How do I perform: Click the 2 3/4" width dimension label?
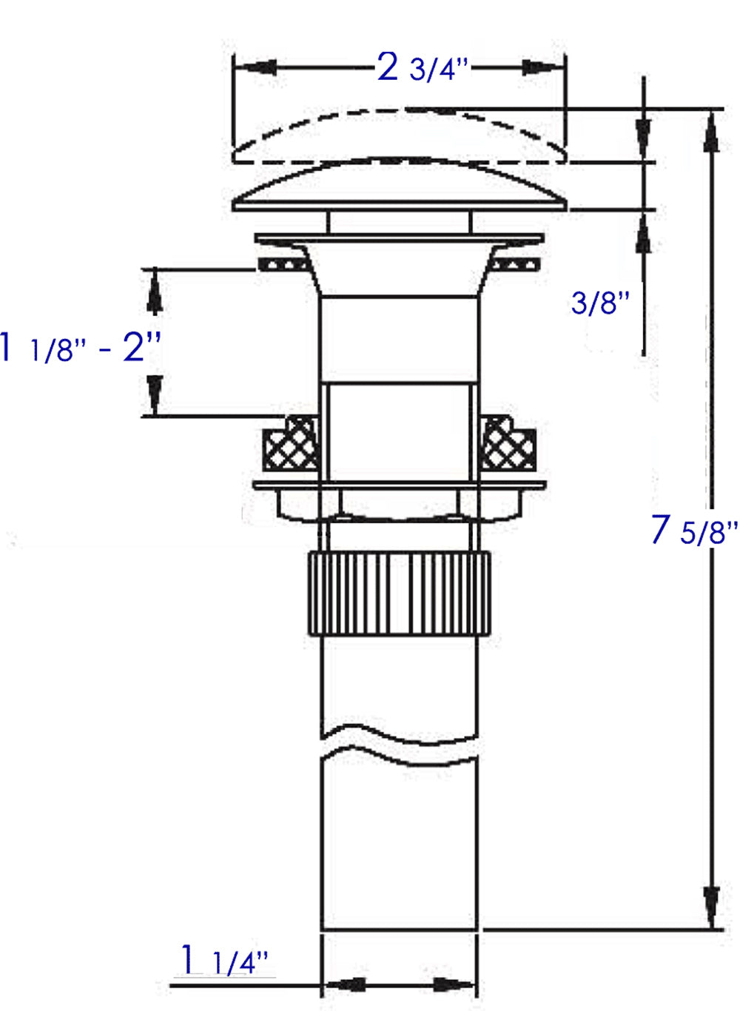[423, 69]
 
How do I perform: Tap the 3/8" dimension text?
[600, 303]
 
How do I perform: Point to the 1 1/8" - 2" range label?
[81, 347]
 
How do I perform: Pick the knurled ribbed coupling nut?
[400, 592]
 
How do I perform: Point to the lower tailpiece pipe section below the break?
[400, 844]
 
